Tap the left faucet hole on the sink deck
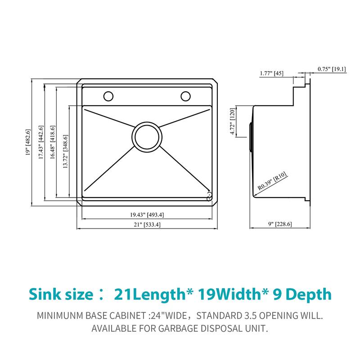pos(108,96)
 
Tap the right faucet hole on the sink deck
pos(185,95)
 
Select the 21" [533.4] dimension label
pos(147,225)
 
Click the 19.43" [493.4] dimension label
pos(147,215)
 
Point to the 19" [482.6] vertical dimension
pos(28,143)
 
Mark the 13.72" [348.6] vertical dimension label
pos(66,151)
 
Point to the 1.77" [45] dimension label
pos(271,73)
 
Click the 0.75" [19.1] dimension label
pos(332,69)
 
